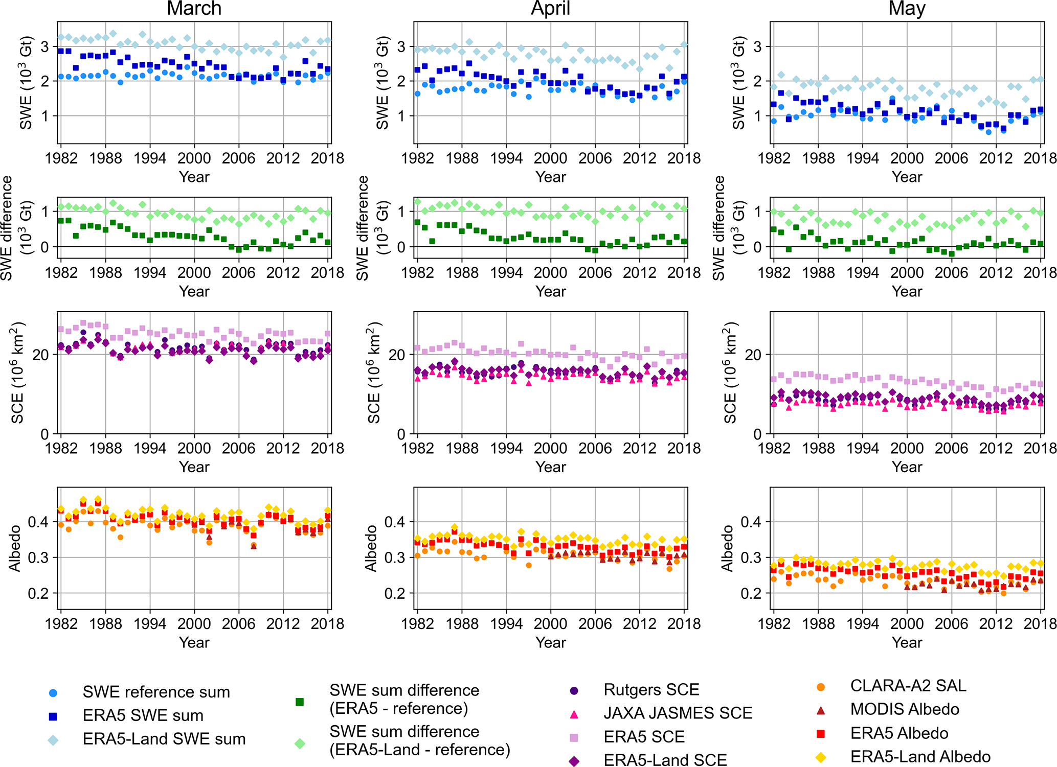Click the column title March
(x=194, y=9)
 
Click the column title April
(x=550, y=9)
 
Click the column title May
(x=907, y=9)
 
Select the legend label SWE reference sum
(x=156, y=692)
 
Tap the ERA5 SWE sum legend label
(x=143, y=715)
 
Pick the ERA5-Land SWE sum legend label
(x=164, y=739)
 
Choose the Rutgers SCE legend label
(x=651, y=690)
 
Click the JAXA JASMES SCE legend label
(x=678, y=713)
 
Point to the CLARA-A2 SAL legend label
(x=908, y=686)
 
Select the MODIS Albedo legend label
(x=905, y=709)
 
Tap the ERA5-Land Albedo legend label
(x=920, y=757)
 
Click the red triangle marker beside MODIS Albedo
(x=821, y=710)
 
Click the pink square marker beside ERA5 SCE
(x=574, y=737)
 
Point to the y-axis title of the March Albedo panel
(x=14, y=548)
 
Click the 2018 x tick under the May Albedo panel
(x=1040, y=624)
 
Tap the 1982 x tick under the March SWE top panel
(x=61, y=158)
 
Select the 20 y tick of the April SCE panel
(x=397, y=355)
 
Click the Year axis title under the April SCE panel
(x=550, y=467)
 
